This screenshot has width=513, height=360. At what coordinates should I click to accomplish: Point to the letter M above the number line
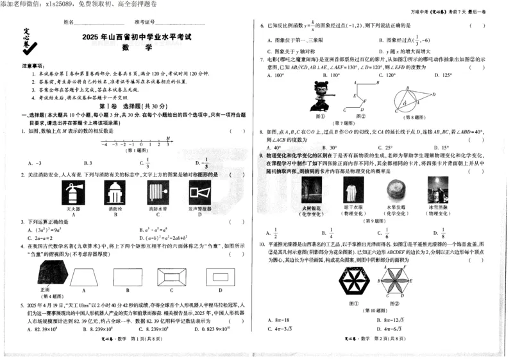tap(168, 138)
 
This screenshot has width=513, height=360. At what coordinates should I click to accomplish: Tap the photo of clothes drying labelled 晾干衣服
tap(351, 191)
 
